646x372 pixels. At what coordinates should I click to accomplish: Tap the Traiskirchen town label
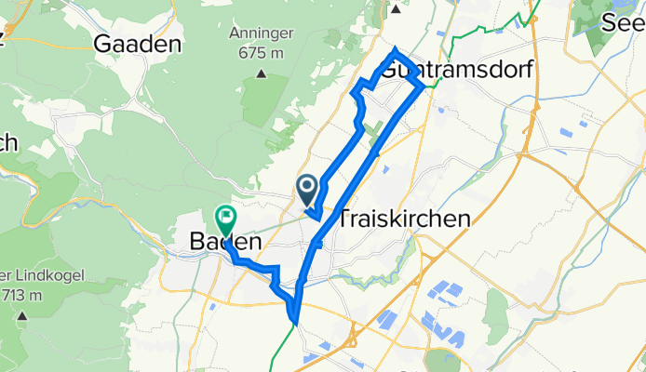tap(403, 219)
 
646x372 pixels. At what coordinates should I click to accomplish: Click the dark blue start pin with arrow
tap(307, 190)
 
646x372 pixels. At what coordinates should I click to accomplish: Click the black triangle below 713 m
tap(21, 315)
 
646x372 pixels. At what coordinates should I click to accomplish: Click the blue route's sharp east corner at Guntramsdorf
tap(424, 86)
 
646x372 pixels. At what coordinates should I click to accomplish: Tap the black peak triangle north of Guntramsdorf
tap(396, 10)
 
